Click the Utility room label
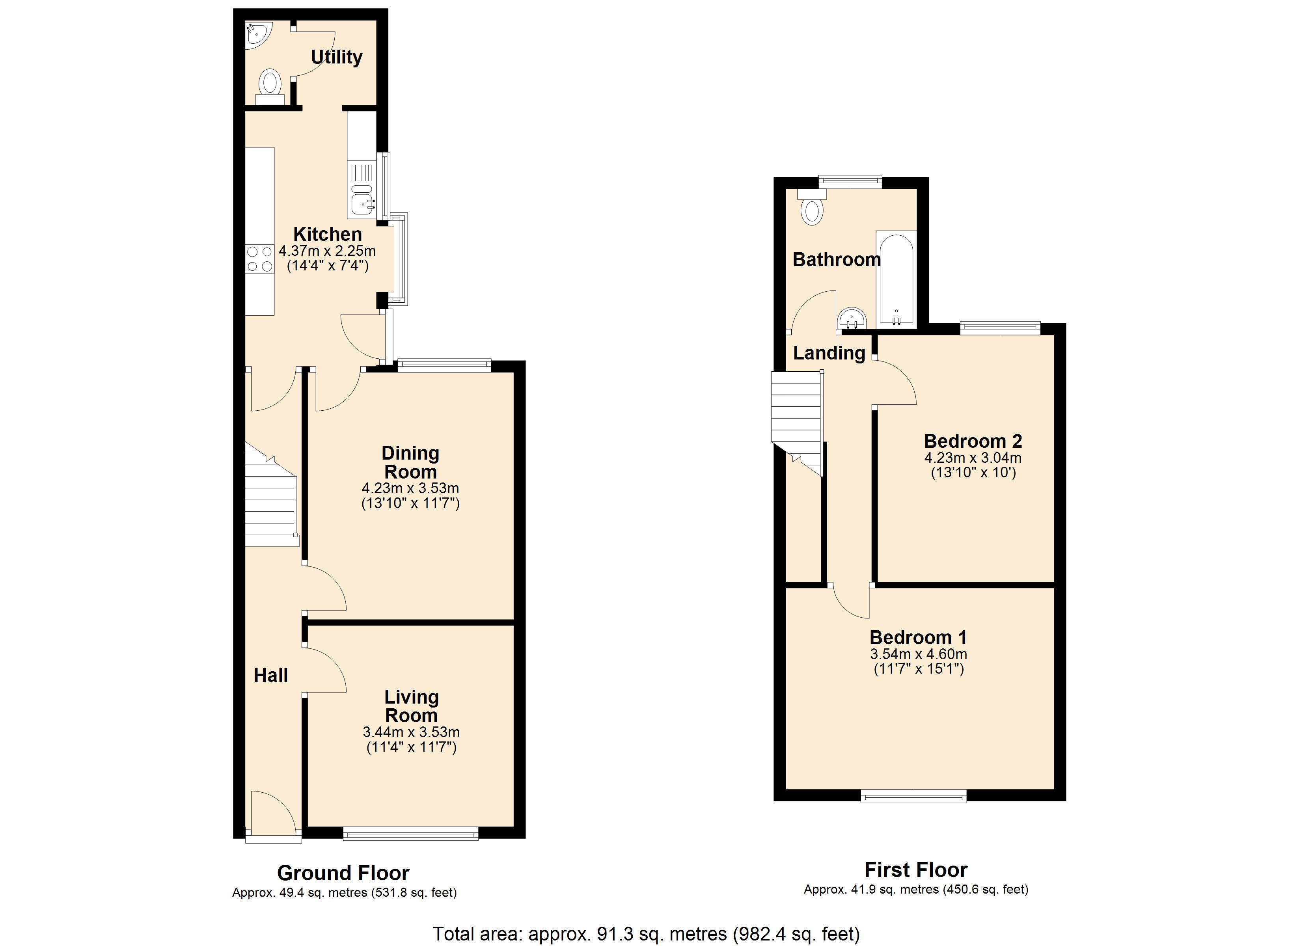coord(337,58)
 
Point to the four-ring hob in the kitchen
coord(260,259)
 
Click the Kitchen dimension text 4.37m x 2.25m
coord(328,251)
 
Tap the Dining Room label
coord(411,462)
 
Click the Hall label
coord(271,675)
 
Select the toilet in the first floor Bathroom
coord(812,207)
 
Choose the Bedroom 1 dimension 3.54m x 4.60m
coord(918,654)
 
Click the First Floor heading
coord(916,870)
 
